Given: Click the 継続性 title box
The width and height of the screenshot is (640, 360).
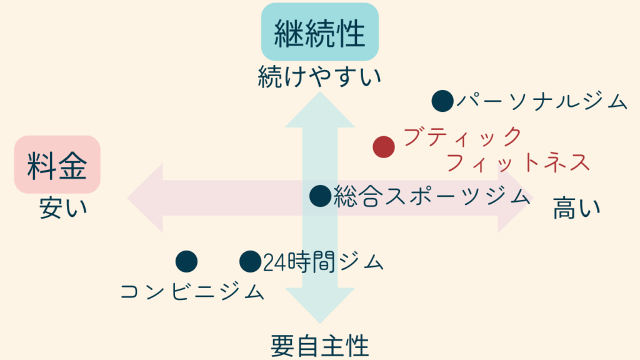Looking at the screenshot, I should point(320,32).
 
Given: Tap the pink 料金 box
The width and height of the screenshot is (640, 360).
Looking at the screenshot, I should point(57,165).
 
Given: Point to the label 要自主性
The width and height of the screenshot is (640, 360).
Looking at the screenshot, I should point(319,345).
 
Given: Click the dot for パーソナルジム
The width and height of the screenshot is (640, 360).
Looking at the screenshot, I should point(442,101).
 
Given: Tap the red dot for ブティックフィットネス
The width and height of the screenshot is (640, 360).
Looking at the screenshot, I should point(384,147).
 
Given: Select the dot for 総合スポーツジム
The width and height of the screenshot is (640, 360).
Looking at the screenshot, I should point(320,196).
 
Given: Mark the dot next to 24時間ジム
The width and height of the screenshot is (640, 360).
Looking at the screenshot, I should point(250,261).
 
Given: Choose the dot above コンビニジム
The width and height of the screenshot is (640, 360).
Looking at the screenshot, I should point(186,261).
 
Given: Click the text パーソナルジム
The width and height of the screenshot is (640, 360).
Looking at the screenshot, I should point(541,101).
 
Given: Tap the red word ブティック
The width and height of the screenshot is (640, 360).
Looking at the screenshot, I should point(462,136).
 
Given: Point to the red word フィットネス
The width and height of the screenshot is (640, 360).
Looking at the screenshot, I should point(519,163).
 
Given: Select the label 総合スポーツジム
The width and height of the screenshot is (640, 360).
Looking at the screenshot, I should point(432,196).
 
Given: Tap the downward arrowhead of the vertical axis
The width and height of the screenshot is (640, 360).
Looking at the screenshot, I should point(320,306).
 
